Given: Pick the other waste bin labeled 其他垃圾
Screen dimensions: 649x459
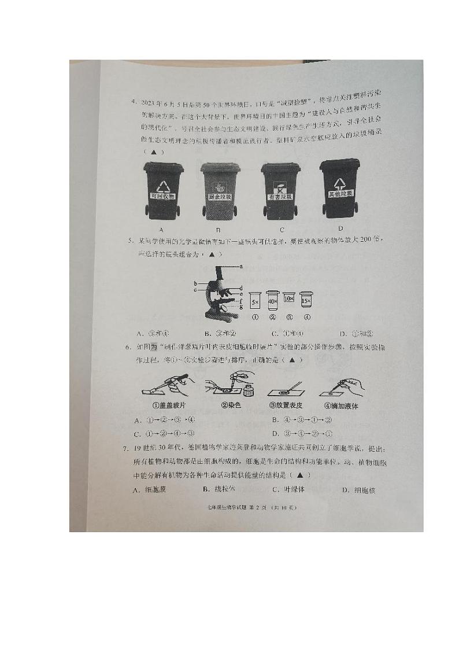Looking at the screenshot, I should pyautogui.click(x=340, y=188).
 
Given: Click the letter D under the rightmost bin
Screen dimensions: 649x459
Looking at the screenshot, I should pyautogui.click(x=340, y=228).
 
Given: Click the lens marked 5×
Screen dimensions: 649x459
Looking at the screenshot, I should pyautogui.click(x=255, y=301).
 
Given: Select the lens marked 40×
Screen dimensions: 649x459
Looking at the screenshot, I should pyautogui.click(x=272, y=301).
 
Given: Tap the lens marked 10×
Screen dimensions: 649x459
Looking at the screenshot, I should pyautogui.click(x=290, y=298).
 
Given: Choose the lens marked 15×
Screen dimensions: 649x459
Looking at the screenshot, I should pyautogui.click(x=306, y=298).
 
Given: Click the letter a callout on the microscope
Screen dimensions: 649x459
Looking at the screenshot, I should pyautogui.click(x=241, y=265).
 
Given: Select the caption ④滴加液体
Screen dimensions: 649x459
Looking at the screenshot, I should pyautogui.click(x=342, y=406).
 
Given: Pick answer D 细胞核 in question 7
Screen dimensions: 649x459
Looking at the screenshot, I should pyautogui.click(x=358, y=491).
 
